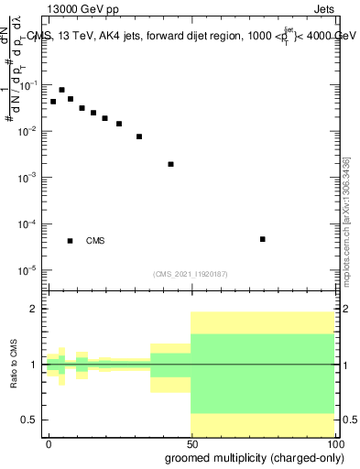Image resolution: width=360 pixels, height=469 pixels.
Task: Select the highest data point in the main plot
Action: (61, 90)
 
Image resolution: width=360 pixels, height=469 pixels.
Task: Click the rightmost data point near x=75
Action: (262, 239)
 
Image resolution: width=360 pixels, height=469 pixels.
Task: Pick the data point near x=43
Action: (171, 164)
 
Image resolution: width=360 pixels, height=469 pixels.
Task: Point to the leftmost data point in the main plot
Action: (53, 101)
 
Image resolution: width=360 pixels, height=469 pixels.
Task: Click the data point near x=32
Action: (139, 136)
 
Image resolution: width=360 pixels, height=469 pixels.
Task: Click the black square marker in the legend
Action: (70, 241)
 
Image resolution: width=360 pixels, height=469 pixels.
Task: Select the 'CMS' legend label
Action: (95, 241)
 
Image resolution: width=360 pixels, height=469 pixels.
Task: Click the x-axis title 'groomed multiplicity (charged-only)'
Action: (250, 458)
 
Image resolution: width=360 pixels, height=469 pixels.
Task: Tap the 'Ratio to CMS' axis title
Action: (15, 364)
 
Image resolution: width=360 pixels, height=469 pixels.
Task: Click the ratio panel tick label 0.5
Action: (29, 420)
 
